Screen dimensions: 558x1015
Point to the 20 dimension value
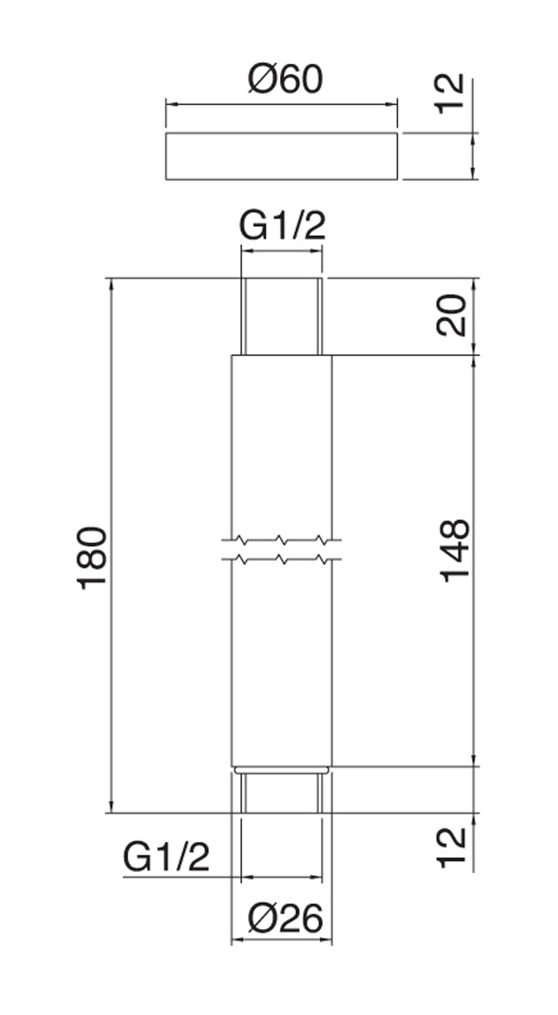tap(451, 315)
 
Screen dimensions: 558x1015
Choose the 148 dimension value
tap(455, 551)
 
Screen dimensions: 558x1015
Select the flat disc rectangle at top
tap(281, 156)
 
